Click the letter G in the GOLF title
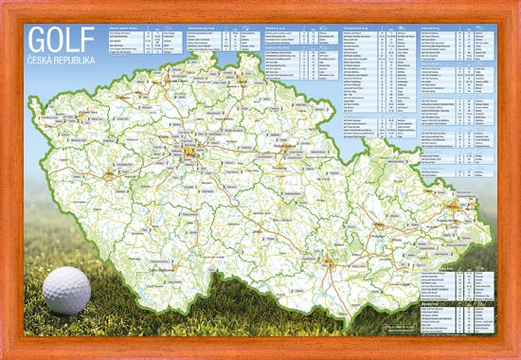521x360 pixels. (x=38, y=39)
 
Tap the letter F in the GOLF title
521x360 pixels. (x=88, y=39)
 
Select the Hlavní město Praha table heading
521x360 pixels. (x=127, y=28)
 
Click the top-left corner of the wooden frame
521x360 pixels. (x=4, y=4)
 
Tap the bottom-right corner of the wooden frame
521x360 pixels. (x=516, y=355)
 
